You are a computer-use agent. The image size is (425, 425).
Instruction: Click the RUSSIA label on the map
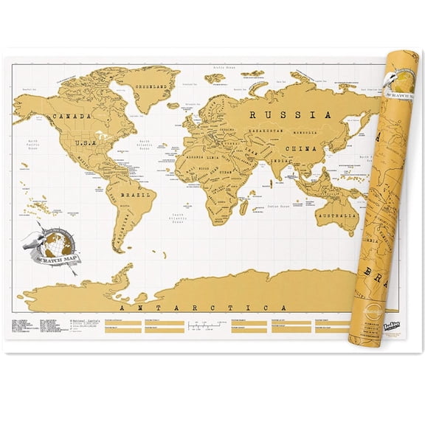[x=286, y=115]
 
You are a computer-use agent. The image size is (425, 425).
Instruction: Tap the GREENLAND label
[x=151, y=85]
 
